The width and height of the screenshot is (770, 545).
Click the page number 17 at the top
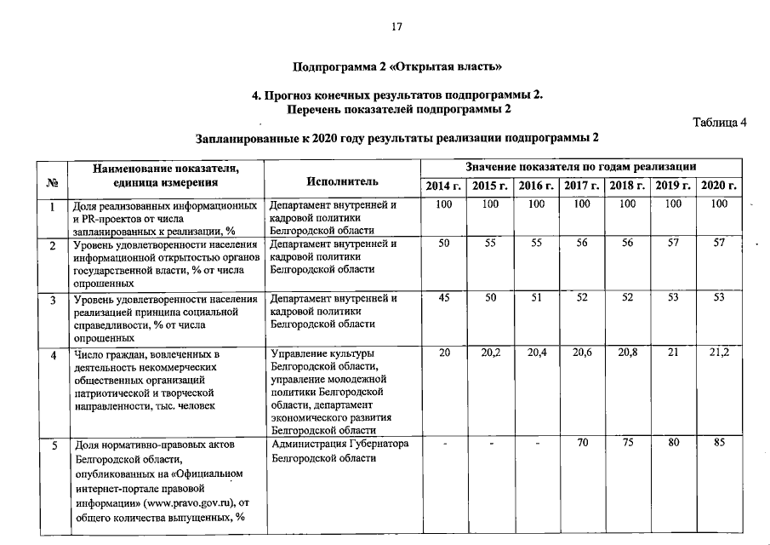tap(396, 26)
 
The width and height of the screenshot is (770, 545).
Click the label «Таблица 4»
tap(720, 122)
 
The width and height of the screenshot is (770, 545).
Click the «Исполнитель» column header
tap(342, 182)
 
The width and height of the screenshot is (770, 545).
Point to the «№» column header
tap(52, 182)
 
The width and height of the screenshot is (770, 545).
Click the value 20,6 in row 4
tap(582, 353)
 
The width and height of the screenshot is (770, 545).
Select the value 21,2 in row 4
tap(720, 353)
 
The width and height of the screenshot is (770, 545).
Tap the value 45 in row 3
tap(443, 298)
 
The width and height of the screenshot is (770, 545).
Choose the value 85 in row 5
tap(720, 444)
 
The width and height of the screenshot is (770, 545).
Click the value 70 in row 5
tap(582, 444)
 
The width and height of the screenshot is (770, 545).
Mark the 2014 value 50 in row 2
tap(443, 244)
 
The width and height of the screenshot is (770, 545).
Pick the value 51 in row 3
tap(536, 298)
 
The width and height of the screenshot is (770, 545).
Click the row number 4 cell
tap(53, 353)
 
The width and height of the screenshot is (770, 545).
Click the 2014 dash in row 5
tap(443, 444)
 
